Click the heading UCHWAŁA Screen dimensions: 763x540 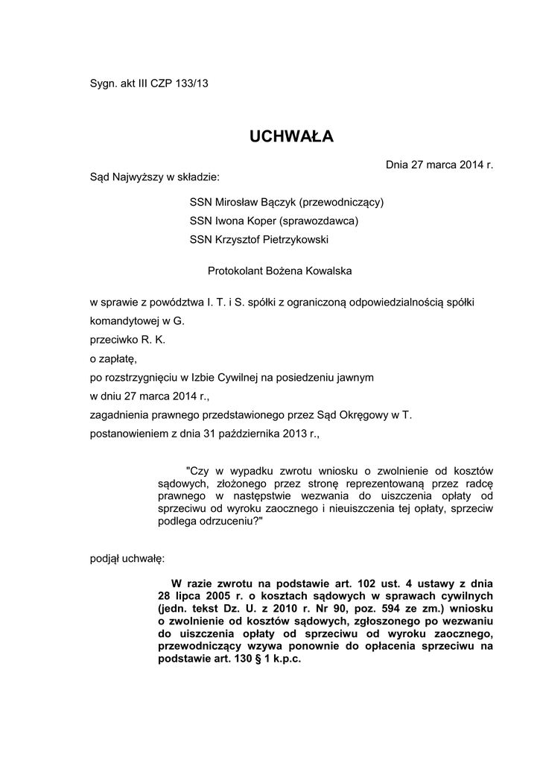point(291,136)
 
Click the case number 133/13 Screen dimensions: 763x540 point(192,83)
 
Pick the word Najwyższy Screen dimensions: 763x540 point(139,177)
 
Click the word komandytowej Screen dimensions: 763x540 point(124,321)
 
